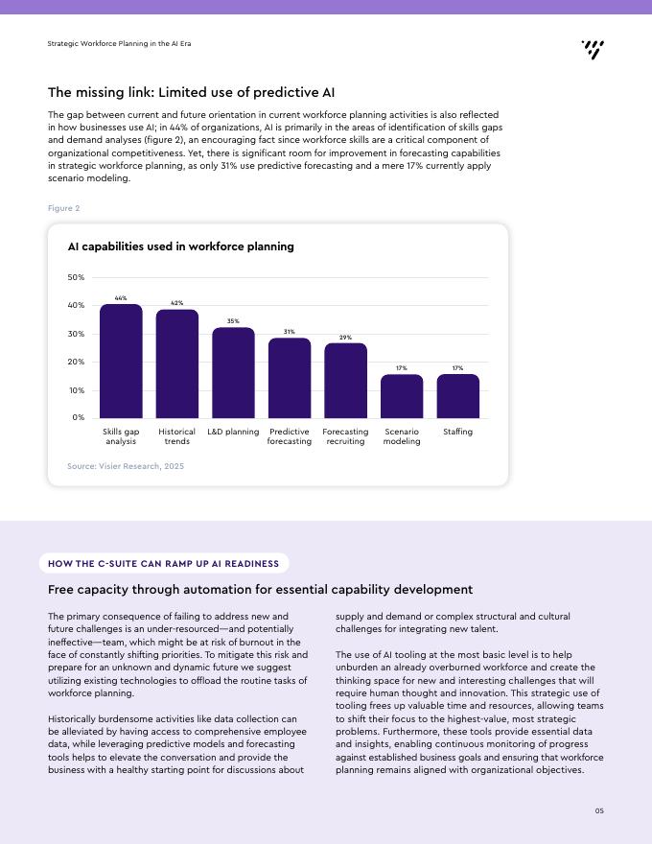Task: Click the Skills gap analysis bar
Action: (x=121, y=362)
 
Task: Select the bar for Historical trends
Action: (x=177, y=363)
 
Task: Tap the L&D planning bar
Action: (x=233, y=372)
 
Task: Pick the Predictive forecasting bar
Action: (x=290, y=378)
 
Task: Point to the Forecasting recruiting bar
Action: (x=345, y=381)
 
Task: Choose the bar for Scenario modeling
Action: (x=402, y=396)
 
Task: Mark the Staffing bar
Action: (x=457, y=396)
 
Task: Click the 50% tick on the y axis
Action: (x=76, y=277)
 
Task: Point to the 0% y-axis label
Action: (x=79, y=417)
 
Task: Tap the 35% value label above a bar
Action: (x=233, y=320)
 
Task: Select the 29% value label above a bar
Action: (x=345, y=338)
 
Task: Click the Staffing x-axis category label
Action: (x=457, y=432)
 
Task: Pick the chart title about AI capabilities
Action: (x=181, y=246)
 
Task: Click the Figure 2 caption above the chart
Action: (x=63, y=208)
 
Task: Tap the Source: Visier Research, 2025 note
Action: (x=126, y=466)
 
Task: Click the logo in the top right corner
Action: (x=593, y=50)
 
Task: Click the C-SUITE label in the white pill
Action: (x=117, y=564)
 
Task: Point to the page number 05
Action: (x=599, y=810)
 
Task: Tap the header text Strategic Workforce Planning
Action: (x=119, y=43)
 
